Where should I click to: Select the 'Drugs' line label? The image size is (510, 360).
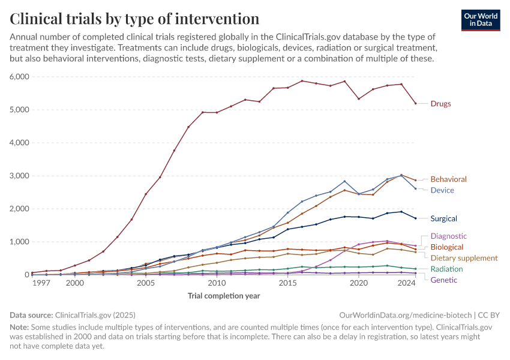pos(440,104)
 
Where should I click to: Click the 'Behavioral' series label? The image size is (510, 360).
pos(448,179)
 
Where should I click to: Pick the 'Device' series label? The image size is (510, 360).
pos(442,190)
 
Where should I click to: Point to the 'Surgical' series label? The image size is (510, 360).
pos(443,218)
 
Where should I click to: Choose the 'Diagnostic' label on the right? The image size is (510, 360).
pos(448,236)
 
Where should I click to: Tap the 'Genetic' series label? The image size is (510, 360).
pos(443,280)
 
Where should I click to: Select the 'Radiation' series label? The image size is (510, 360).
pos(446,269)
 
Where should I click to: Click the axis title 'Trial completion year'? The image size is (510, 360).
pos(224,296)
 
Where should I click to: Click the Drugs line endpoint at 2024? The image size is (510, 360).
pos(415,103)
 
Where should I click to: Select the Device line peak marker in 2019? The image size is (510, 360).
pos(344,181)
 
